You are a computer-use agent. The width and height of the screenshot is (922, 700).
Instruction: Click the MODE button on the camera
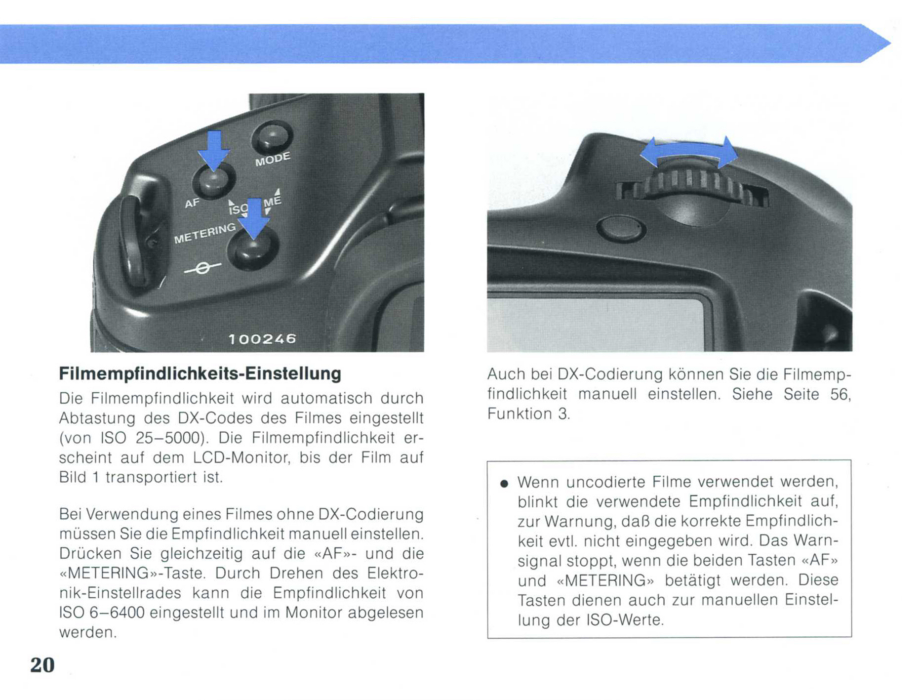click(x=272, y=137)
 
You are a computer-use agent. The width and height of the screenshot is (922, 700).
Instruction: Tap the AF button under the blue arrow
click(x=214, y=181)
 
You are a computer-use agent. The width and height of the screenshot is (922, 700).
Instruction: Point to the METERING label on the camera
click(x=204, y=233)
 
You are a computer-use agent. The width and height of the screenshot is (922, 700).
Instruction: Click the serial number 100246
click(x=262, y=338)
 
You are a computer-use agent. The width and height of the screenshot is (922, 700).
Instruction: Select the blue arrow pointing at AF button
click(x=214, y=150)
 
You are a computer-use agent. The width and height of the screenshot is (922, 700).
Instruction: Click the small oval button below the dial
click(x=621, y=228)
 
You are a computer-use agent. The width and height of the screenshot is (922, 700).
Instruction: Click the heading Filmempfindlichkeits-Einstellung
click(x=200, y=373)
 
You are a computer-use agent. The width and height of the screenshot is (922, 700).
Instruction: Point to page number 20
click(x=42, y=665)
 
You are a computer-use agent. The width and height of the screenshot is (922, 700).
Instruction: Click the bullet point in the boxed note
click(x=504, y=483)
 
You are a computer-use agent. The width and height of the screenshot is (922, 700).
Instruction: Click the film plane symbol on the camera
click(x=202, y=268)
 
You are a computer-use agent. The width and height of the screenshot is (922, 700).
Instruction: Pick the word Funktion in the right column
click(x=520, y=413)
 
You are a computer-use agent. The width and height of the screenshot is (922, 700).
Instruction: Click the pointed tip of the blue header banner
click(x=890, y=43)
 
